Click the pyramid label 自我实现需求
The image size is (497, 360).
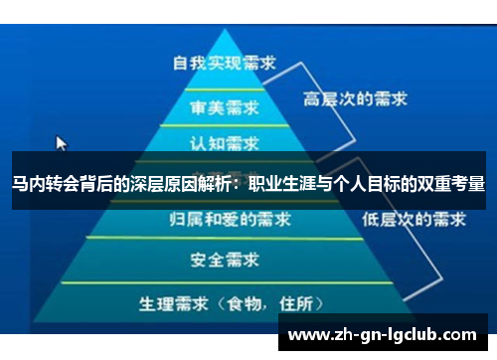tap(225, 62)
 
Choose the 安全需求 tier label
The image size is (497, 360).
tap(225, 261)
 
